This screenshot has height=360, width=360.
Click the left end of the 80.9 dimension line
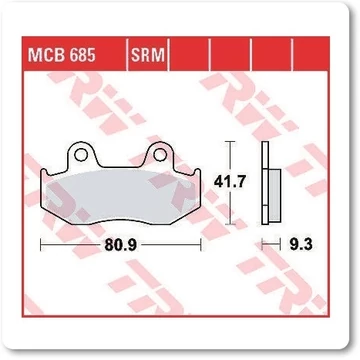[x=40, y=242]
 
